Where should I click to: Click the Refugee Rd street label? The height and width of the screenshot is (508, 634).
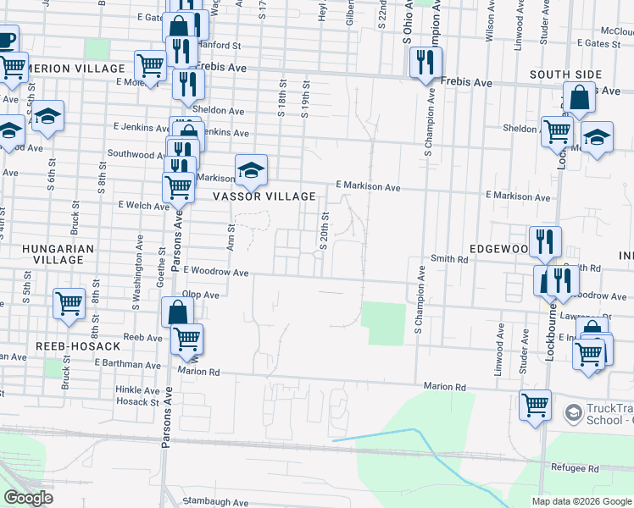576,468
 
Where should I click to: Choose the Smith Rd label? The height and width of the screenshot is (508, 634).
449,260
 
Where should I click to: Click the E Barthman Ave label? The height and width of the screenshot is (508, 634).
127,364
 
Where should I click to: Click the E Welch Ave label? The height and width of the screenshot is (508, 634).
145,205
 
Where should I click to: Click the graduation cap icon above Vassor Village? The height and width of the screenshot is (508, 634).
251,169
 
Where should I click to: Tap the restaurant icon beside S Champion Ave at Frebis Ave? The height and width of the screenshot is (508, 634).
424,63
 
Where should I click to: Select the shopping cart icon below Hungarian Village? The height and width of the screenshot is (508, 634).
69,303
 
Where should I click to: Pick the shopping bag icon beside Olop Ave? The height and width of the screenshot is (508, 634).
179,312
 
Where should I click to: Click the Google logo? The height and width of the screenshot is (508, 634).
28,498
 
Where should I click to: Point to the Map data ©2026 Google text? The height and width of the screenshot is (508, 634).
581,501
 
